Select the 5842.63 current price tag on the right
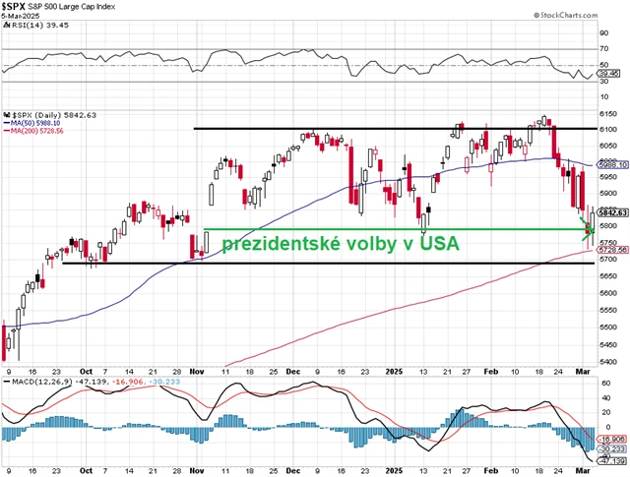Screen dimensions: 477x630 pos(608,212)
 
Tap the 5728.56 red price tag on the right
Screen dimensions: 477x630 pos(608,250)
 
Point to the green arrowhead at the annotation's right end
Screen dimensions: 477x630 pos(586,231)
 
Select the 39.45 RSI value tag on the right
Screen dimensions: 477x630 pos(606,73)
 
